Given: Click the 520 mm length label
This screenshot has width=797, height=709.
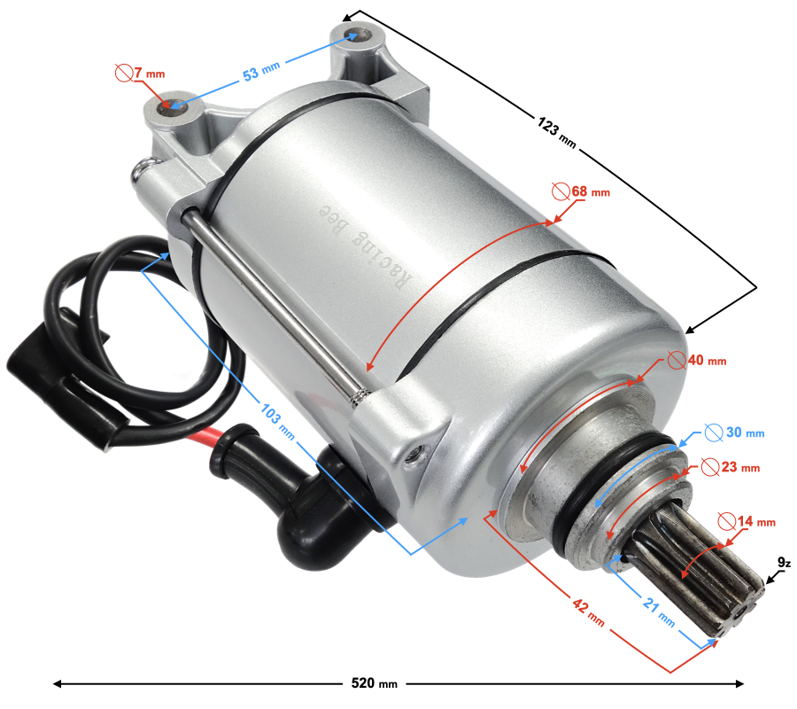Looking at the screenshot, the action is (x=374, y=682).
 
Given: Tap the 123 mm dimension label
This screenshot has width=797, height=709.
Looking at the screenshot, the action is (x=557, y=132).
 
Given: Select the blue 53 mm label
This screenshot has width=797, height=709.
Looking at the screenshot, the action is (x=261, y=71).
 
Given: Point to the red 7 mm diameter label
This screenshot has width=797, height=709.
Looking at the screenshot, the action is (x=140, y=73).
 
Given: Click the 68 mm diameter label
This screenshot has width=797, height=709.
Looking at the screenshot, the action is (x=581, y=191).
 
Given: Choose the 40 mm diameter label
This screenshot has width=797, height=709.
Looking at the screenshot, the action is (x=697, y=360).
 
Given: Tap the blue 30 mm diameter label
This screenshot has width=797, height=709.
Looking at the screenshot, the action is (x=734, y=432).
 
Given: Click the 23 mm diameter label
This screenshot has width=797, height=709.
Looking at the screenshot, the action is (x=731, y=466).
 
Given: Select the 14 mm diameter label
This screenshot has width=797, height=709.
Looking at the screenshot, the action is (x=747, y=521).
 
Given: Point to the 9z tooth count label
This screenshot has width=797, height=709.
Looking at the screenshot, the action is (x=785, y=563).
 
